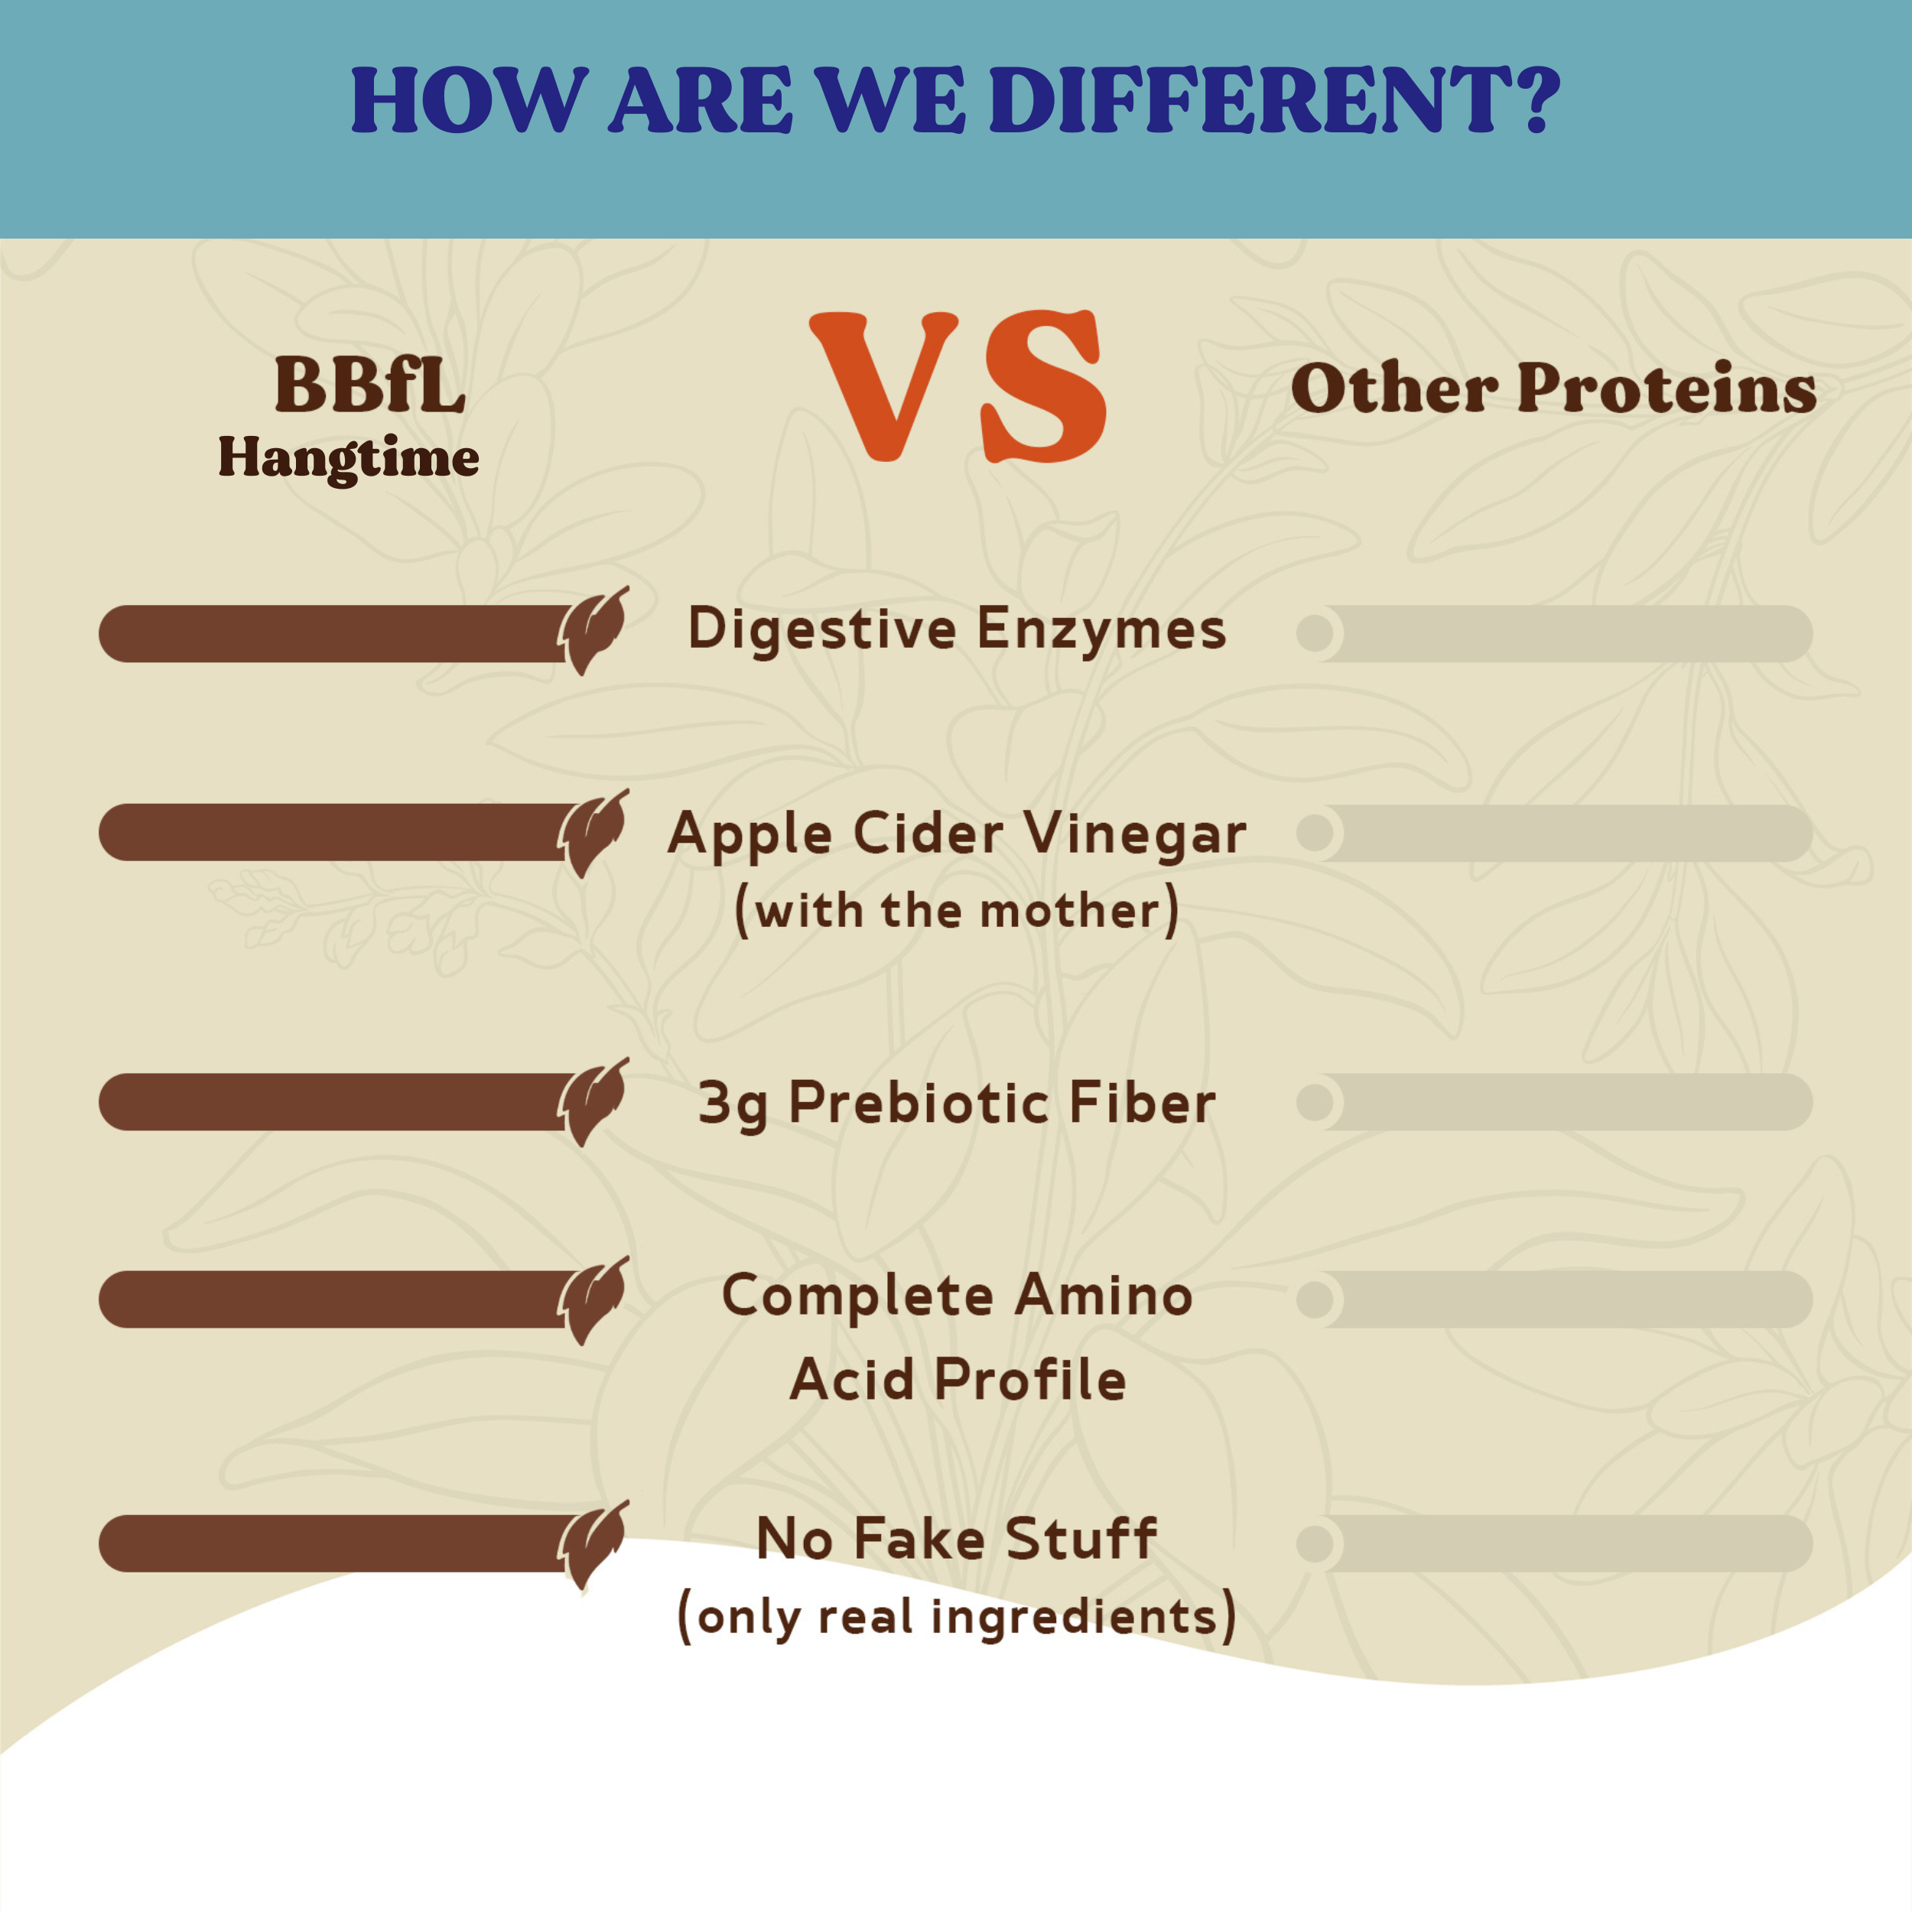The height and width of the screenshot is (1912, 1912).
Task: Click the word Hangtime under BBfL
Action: (348, 458)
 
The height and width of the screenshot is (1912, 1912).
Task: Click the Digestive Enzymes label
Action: (957, 629)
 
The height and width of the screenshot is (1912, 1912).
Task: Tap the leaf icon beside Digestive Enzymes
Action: (593, 630)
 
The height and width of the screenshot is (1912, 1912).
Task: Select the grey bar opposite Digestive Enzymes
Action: (1554, 633)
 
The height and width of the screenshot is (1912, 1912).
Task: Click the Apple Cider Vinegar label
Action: (957, 834)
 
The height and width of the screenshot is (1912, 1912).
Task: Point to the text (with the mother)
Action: (957, 910)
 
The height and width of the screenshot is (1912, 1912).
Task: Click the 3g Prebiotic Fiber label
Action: (957, 1104)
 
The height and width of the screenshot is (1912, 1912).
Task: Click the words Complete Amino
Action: (957, 1296)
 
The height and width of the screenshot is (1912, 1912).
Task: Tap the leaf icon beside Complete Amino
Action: (593, 1300)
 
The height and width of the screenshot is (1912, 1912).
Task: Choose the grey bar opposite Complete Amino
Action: (1554, 1299)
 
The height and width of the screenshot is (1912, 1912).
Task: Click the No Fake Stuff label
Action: (957, 1539)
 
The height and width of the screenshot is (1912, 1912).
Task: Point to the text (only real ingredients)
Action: (957, 1616)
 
